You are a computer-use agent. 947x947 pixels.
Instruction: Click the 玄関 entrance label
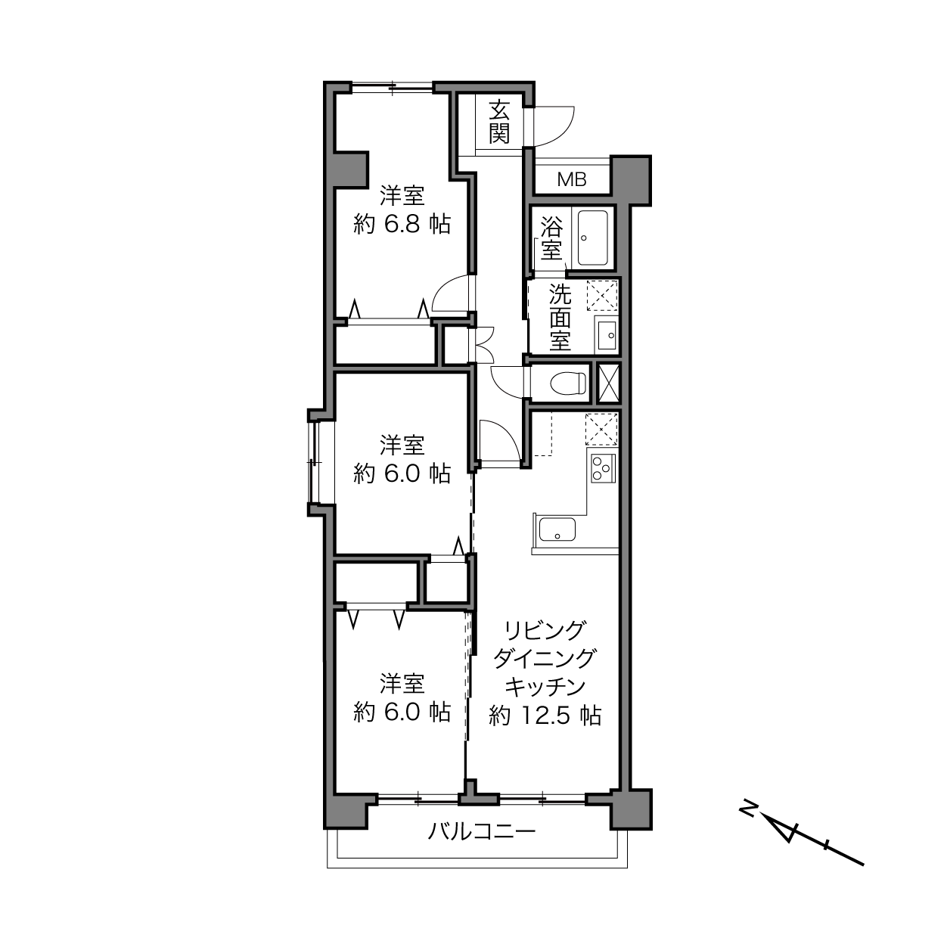(x=498, y=121)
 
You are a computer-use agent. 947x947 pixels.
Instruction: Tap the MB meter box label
(x=572, y=180)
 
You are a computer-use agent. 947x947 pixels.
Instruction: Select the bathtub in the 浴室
(x=593, y=238)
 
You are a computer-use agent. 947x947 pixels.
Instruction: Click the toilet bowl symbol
(x=569, y=383)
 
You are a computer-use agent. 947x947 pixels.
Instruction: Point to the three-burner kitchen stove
(x=603, y=468)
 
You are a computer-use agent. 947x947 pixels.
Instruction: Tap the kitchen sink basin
(x=557, y=529)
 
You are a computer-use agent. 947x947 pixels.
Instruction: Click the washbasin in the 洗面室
(x=607, y=335)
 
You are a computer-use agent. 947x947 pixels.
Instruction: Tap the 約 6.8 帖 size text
(x=402, y=225)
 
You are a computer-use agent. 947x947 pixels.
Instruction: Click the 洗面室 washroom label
(x=560, y=318)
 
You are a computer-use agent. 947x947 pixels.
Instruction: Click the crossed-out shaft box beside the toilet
(x=608, y=383)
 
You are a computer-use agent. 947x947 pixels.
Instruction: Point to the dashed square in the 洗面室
(x=601, y=295)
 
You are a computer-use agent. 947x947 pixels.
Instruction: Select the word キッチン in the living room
(x=545, y=687)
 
